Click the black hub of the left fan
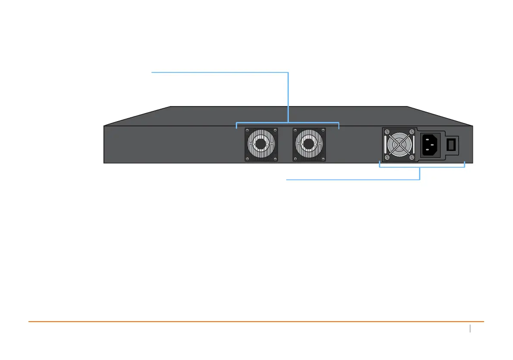pos(261,144)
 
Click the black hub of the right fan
pos(309,144)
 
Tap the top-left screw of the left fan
pos(247,130)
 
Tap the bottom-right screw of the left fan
pos(275,159)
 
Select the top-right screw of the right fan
pos(322,130)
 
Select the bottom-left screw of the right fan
pos(295,159)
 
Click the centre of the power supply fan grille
pos(400,144)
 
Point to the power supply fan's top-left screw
pos(387,132)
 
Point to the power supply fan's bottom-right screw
pos(412,157)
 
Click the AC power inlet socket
pos(430,145)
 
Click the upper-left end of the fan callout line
pos(152,73)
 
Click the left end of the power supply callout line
pos(287,180)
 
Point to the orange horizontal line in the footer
pos(256,322)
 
